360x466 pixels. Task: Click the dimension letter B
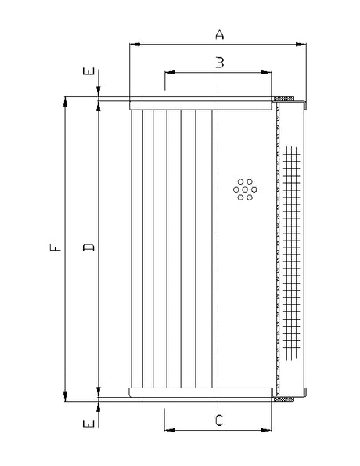[220, 63]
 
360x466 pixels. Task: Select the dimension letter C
[219, 420]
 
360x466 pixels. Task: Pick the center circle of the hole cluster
[245, 189]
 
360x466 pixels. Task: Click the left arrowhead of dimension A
[133, 44]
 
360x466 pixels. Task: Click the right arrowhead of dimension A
[304, 44]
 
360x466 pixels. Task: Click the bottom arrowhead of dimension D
[99, 391]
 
